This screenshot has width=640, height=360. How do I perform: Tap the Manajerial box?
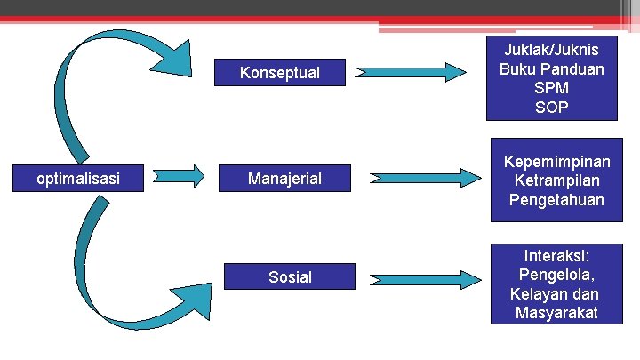tap(284, 180)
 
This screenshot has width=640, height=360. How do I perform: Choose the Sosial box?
tap(290, 277)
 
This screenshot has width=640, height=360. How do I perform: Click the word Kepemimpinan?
tap(557, 162)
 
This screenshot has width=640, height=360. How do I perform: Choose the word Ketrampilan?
tap(557, 181)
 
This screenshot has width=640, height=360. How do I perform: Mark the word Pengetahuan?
tap(557, 201)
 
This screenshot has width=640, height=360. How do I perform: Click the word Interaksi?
tap(556, 254)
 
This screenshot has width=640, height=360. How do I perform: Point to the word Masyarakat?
tap(556, 313)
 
